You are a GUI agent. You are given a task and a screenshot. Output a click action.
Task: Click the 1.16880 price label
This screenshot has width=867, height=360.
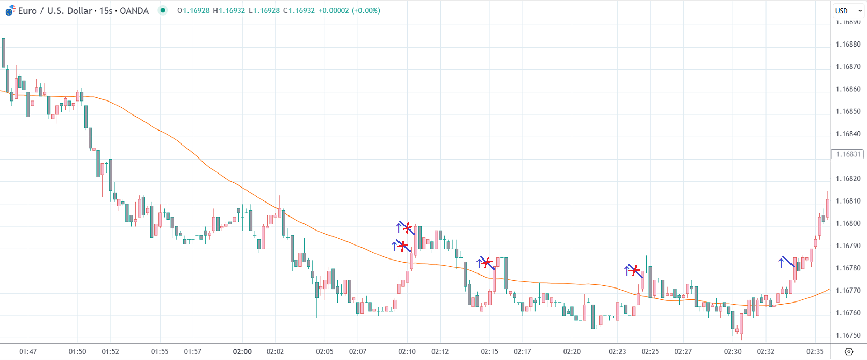(848, 44)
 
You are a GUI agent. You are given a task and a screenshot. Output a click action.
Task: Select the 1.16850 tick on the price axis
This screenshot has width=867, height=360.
(848, 111)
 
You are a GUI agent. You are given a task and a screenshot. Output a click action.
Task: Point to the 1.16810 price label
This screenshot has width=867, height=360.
(848, 201)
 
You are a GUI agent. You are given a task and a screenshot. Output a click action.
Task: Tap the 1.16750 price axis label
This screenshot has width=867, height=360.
(848, 335)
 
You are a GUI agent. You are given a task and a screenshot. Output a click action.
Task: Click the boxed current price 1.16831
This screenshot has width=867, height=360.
(848, 154)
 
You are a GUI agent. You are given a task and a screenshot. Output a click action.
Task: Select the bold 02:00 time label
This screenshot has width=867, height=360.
(242, 351)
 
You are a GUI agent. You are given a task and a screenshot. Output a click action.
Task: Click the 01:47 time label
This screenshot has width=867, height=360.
(28, 351)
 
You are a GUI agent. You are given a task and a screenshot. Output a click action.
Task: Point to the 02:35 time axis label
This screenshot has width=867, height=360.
(815, 351)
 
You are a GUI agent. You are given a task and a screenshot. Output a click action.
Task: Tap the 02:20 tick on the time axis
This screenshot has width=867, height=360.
(572, 351)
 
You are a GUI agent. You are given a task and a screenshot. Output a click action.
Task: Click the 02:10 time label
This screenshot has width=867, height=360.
(407, 351)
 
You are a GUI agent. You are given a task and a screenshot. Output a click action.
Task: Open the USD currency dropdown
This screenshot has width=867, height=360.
(848, 11)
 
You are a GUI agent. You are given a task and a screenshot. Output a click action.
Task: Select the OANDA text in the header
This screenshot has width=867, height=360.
(134, 11)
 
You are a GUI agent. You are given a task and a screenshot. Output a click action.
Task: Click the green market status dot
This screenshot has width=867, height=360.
(163, 10)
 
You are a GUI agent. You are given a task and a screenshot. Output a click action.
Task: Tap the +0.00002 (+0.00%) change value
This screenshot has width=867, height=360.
(349, 10)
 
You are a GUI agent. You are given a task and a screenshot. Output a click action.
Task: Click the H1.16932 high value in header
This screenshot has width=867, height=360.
(229, 10)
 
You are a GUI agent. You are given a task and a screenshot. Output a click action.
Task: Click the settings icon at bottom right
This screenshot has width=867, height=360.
(848, 351)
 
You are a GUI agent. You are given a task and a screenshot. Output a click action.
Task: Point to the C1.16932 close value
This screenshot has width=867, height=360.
(299, 10)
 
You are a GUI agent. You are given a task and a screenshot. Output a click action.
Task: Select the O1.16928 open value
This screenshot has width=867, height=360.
(193, 10)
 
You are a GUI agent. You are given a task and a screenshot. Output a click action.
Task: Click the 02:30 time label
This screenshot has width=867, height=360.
(732, 351)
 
